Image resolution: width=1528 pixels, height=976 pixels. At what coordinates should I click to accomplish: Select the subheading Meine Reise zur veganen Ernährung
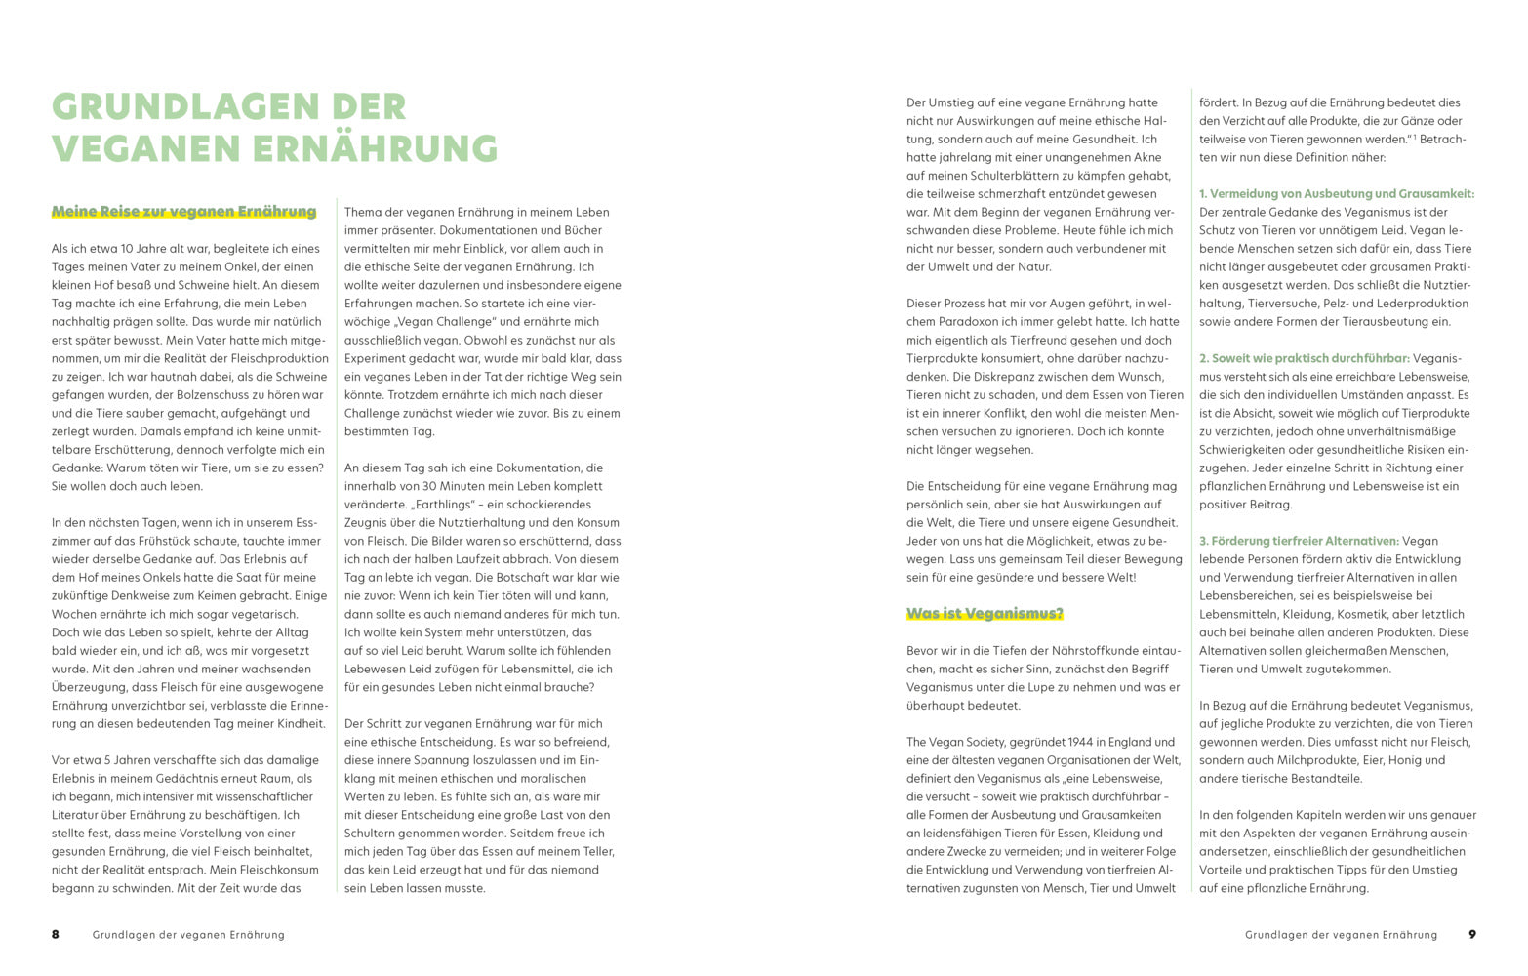pyautogui.click(x=183, y=212)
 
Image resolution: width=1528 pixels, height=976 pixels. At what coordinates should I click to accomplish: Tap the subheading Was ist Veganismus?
pyautogui.click(x=985, y=614)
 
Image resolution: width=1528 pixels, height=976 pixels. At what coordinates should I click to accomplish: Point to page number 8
pyautogui.click(x=56, y=935)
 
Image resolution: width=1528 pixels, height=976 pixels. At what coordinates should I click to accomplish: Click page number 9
pyautogui.click(x=1472, y=935)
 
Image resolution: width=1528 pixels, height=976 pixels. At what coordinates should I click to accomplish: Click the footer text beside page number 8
pyautogui.click(x=188, y=935)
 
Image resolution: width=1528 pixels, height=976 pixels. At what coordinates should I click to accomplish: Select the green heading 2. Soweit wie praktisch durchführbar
pyautogui.click(x=1304, y=359)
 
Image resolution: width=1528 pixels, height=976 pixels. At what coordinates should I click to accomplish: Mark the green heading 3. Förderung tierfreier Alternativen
pyautogui.click(x=1299, y=542)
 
